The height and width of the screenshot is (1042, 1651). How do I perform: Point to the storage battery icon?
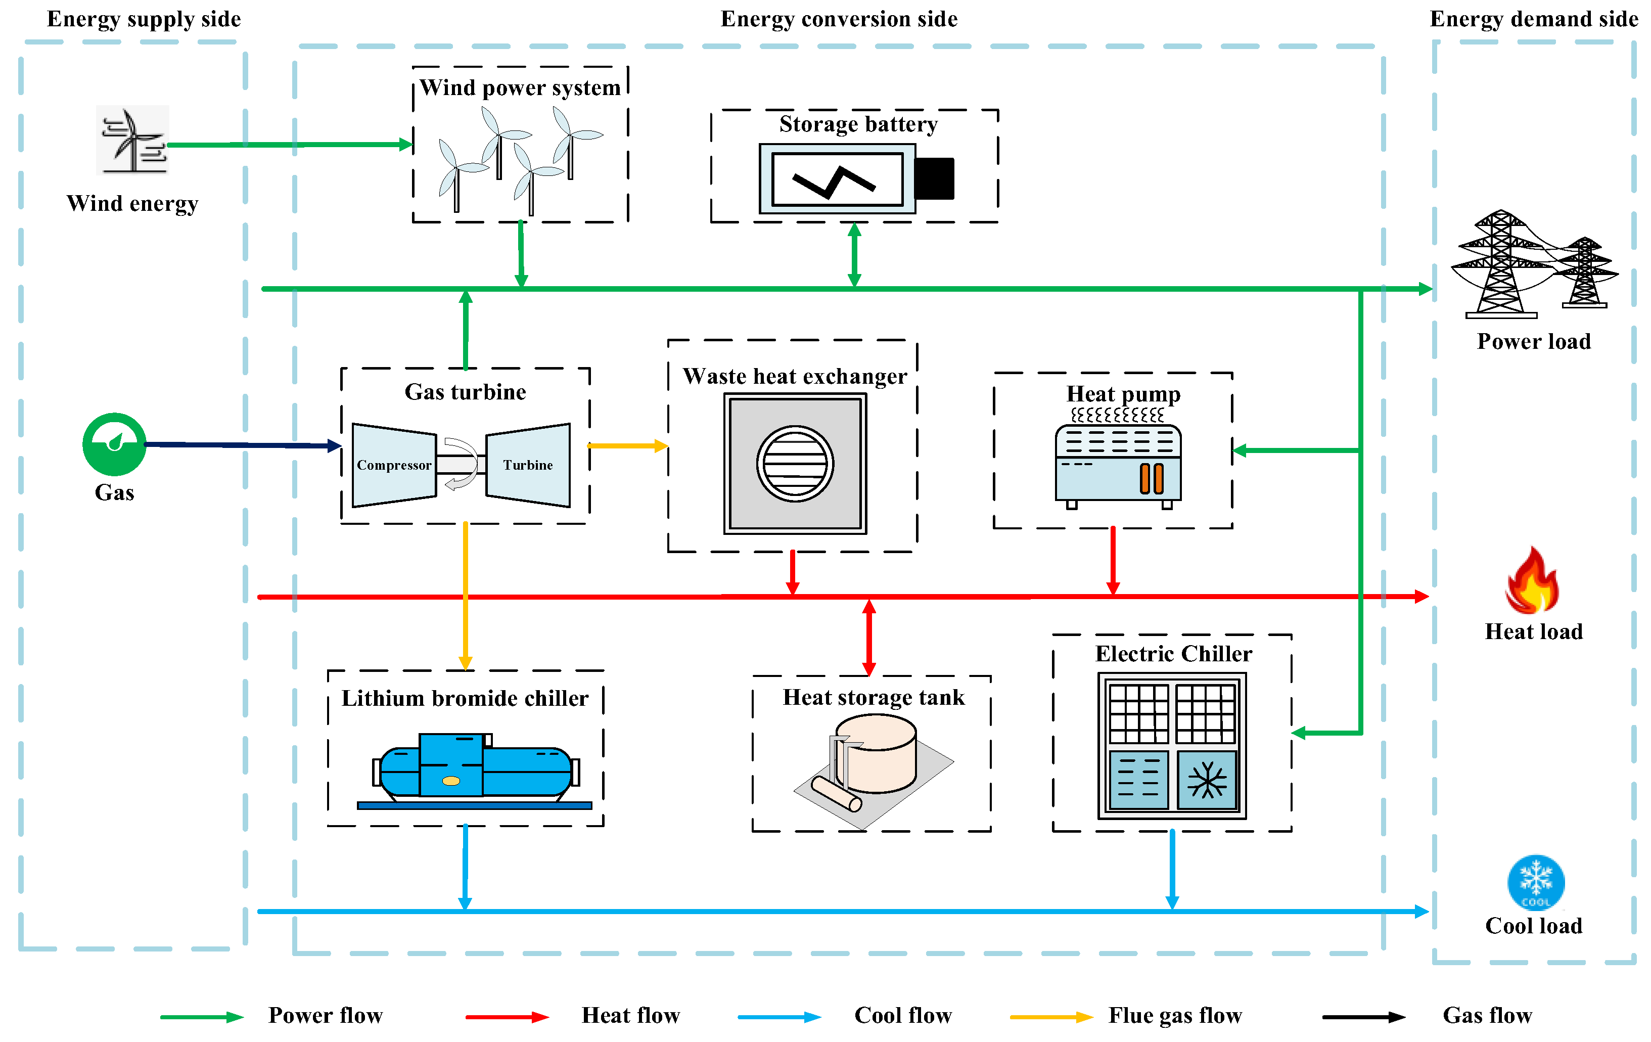tap(856, 178)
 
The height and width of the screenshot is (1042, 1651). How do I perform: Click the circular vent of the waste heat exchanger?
tap(795, 464)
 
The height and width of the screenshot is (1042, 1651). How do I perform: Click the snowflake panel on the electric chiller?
tap(1207, 781)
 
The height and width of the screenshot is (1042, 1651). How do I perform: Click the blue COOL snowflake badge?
tap(1536, 883)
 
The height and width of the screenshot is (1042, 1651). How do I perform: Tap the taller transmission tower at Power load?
tap(1501, 264)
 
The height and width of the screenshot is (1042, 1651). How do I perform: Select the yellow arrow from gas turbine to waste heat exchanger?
tap(628, 446)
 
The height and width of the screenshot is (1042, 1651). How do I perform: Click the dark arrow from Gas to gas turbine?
tap(243, 445)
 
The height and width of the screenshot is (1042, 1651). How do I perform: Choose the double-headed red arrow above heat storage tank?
tap(869, 638)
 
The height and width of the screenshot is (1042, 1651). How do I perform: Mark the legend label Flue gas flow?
tap(1175, 1015)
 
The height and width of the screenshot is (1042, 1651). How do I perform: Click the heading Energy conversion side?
tap(839, 19)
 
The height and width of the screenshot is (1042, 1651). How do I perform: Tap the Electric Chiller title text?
tap(1174, 654)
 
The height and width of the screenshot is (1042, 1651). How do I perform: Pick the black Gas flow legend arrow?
tap(1364, 1017)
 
